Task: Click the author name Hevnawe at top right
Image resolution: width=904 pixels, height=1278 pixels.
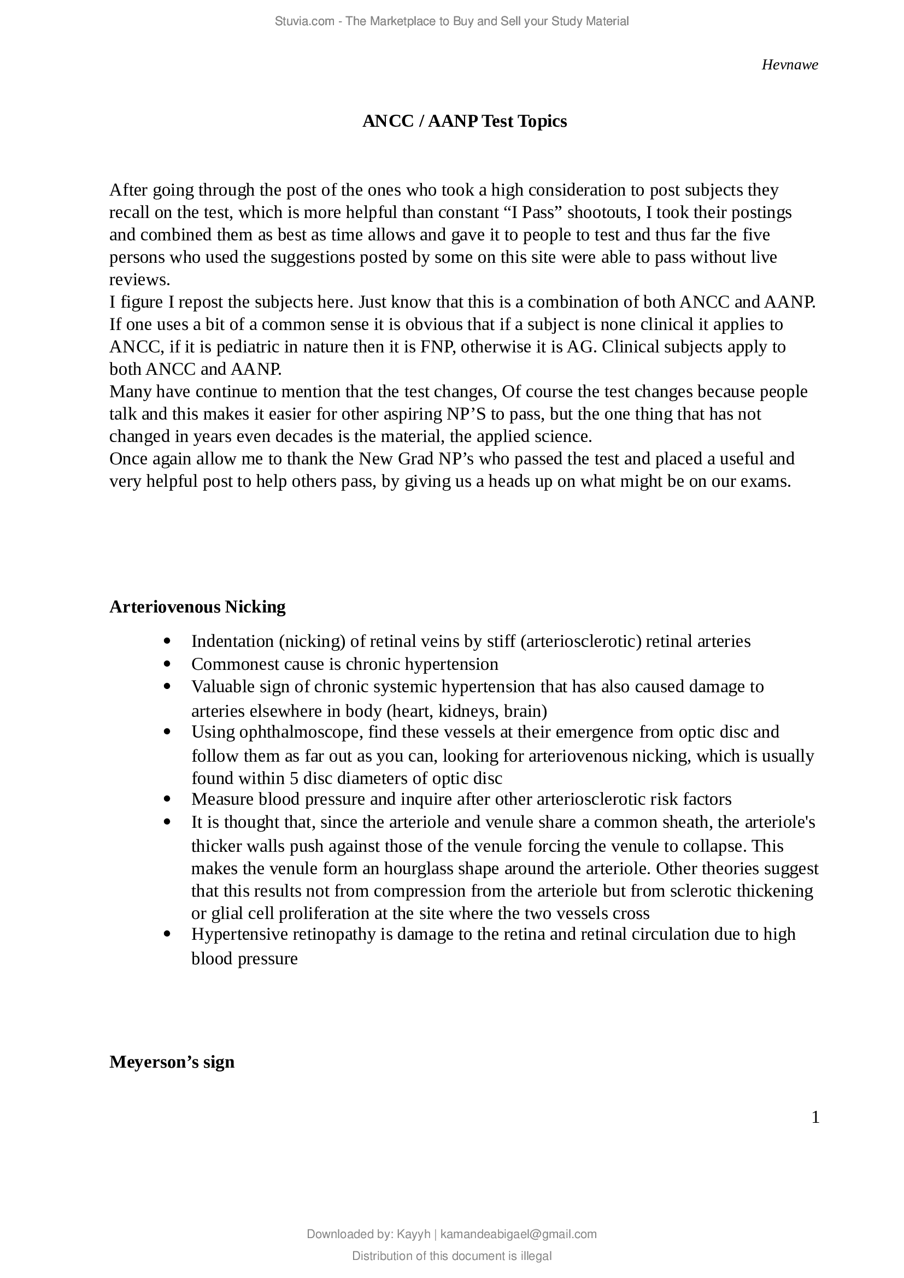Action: [789, 65]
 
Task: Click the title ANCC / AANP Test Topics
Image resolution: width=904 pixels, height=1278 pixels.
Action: [464, 121]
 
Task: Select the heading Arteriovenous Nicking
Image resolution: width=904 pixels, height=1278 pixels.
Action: [197, 606]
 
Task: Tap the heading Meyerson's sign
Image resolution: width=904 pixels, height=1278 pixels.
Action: [172, 1062]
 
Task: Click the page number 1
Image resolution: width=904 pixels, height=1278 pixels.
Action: [815, 1117]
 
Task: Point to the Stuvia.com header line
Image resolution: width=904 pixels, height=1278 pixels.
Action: [451, 21]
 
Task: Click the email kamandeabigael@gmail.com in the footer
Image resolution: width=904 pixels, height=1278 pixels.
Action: [518, 1234]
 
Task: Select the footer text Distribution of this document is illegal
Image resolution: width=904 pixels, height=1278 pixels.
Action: [451, 1256]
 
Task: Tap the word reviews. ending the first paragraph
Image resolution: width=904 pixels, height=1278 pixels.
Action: [139, 279]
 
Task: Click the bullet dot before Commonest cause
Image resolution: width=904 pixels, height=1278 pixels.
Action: [167, 664]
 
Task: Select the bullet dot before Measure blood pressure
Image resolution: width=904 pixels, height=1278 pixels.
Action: [167, 799]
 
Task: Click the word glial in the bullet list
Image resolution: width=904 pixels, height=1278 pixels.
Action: [226, 914]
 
